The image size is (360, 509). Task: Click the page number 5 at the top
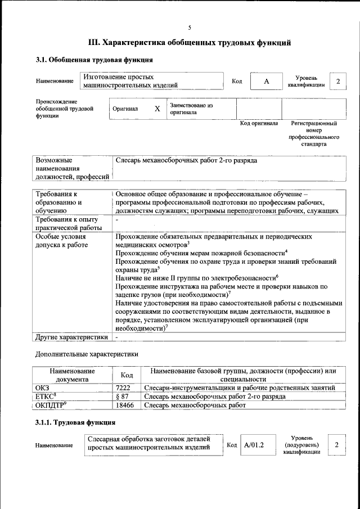(x=190, y=28)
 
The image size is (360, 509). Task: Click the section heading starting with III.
(x=190, y=42)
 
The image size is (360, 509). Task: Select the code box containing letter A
(x=267, y=82)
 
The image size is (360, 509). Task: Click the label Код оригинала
(x=259, y=123)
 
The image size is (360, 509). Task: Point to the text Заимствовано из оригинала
(x=191, y=109)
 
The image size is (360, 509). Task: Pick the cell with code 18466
(x=125, y=404)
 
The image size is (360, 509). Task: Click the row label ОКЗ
(x=42, y=388)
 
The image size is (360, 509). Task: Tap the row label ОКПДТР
(x=51, y=404)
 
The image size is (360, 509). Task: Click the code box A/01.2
(x=254, y=445)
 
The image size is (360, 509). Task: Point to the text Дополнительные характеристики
(x=87, y=354)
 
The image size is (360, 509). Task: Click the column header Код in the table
(x=127, y=375)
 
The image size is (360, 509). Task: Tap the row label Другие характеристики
(x=71, y=337)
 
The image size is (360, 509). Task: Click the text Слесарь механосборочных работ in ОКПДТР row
(x=195, y=404)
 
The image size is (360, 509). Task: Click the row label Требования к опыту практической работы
(x=66, y=223)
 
